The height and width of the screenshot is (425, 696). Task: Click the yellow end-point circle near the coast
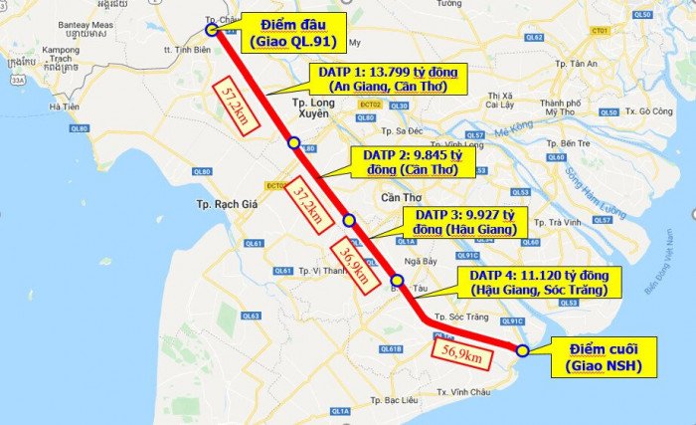click(522, 349)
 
